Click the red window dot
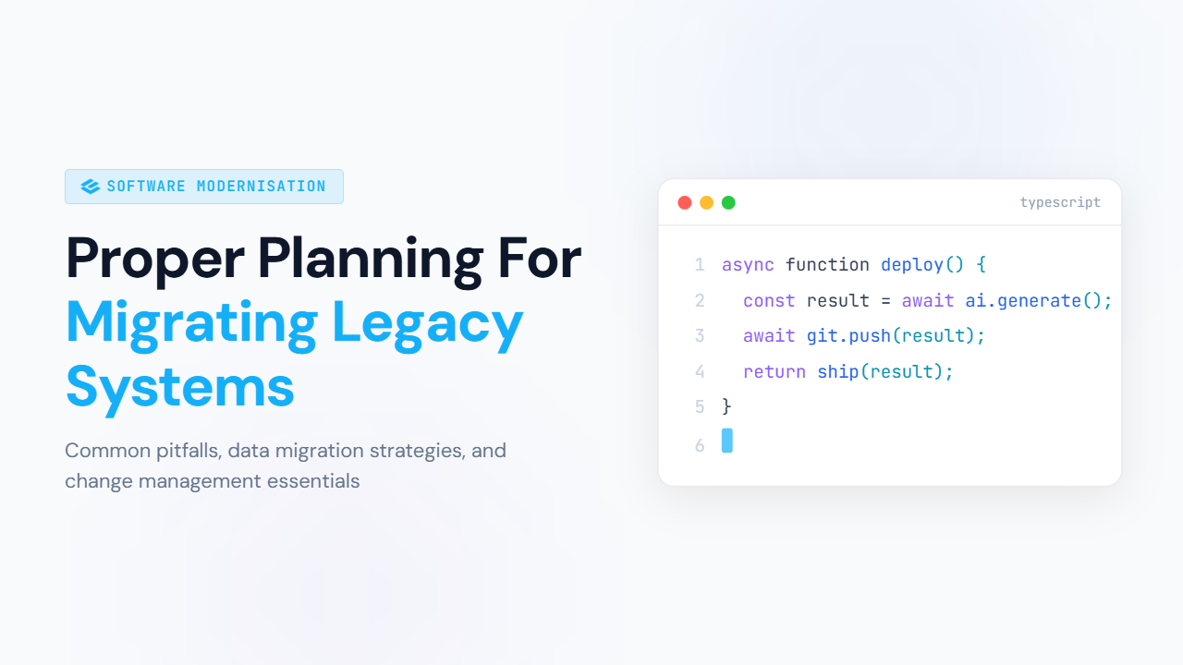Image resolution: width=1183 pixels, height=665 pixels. [x=685, y=202]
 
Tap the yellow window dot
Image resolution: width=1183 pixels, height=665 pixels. [x=706, y=202]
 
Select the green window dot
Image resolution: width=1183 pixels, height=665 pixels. [x=728, y=202]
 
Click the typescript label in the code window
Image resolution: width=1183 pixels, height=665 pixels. [x=1060, y=202]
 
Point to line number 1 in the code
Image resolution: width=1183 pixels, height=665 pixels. [x=700, y=265]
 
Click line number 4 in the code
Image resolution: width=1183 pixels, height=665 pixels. [x=700, y=372]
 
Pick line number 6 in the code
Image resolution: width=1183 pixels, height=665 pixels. [x=700, y=445]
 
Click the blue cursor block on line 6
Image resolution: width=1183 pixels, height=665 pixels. [x=727, y=441]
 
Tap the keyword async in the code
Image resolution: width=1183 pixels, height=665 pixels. [x=749, y=265]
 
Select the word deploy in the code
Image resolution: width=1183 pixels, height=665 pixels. [x=912, y=265]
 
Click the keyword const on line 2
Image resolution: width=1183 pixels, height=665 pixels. [x=770, y=301]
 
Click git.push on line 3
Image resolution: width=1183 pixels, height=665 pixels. [x=848, y=336]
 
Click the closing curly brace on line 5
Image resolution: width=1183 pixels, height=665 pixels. [x=727, y=406]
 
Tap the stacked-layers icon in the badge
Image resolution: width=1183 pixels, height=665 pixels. [x=91, y=187]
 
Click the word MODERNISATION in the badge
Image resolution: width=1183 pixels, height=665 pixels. [x=262, y=187]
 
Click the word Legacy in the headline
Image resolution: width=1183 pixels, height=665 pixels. [x=428, y=322]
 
